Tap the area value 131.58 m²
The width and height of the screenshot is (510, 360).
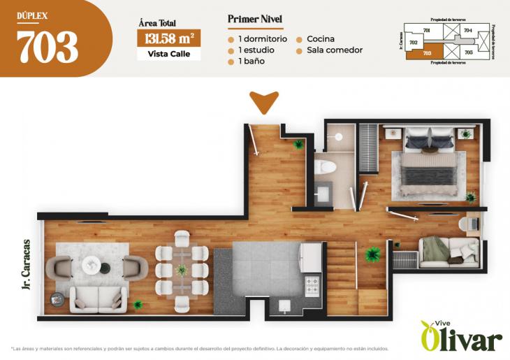point(168,38)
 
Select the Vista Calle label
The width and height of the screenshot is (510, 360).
point(168,54)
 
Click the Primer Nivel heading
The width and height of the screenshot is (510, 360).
point(255,19)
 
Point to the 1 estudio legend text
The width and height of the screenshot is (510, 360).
point(256,50)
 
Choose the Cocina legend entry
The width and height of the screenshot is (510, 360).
point(320,39)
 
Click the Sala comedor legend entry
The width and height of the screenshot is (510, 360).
point(334,50)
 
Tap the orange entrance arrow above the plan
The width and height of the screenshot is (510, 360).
point(264,102)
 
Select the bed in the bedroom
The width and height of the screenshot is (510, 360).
point(430,164)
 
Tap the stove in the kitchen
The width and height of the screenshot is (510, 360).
point(312,285)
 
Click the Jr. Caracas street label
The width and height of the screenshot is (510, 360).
point(26,265)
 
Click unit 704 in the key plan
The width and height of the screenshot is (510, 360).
point(467,31)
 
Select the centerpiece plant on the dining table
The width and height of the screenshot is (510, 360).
point(182,268)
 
